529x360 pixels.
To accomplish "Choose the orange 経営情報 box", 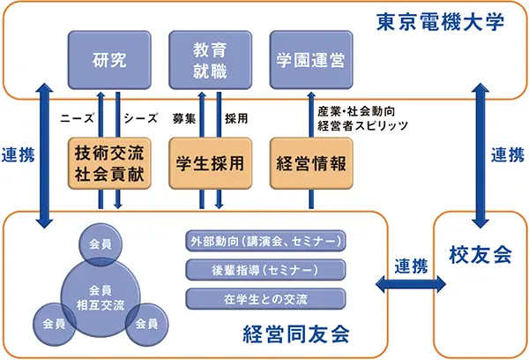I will pyautogui.click(x=309, y=163).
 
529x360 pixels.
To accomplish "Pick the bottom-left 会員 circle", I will pyautogui.click(x=48, y=322).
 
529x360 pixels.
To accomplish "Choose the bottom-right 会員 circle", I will pyautogui.click(x=142, y=322).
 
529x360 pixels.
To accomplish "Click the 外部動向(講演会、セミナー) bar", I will pyautogui.click(x=264, y=241).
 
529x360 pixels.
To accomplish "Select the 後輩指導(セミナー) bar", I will pyautogui.click(x=264, y=269).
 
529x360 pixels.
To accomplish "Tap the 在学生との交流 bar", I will pyautogui.click(x=264, y=297).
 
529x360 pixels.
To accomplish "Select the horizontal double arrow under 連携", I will pyautogui.click(x=411, y=284).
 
